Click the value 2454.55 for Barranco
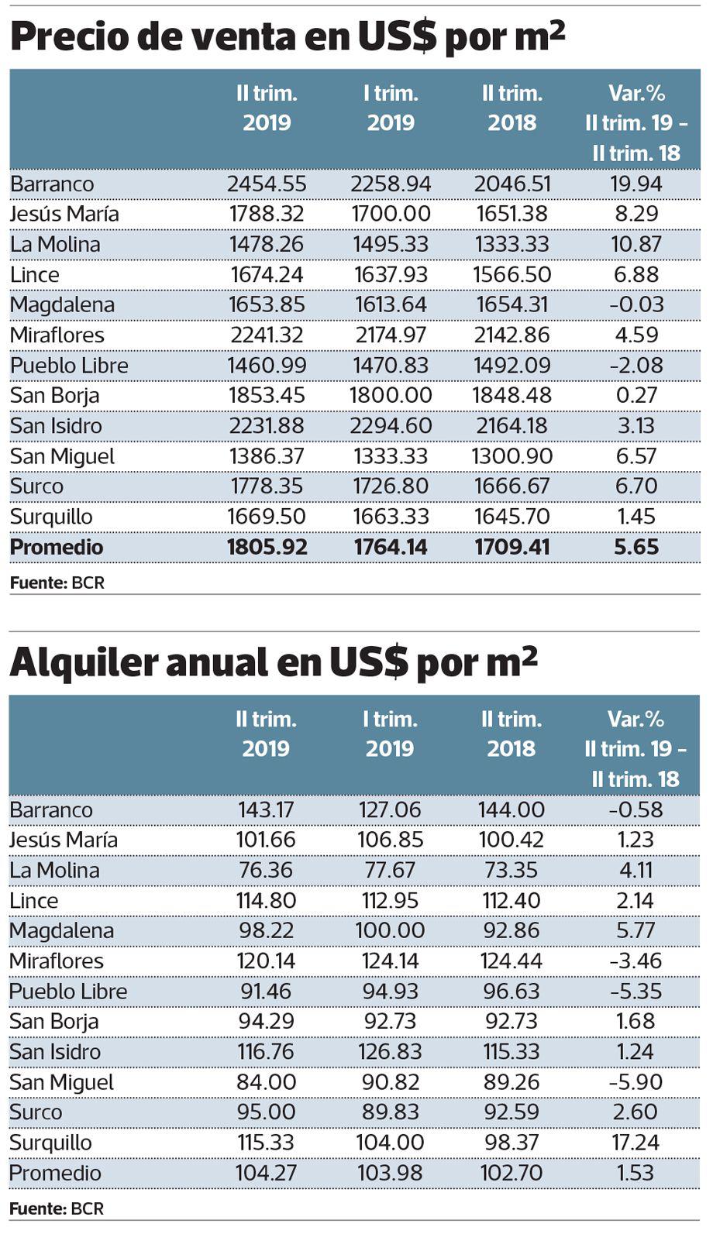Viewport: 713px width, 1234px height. click(267, 184)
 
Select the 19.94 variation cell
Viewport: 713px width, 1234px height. click(636, 184)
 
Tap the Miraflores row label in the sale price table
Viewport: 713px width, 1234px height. click(57, 335)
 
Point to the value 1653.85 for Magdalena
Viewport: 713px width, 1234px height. click(267, 305)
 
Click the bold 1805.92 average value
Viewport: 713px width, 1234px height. click(267, 547)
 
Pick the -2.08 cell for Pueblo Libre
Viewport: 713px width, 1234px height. click(636, 366)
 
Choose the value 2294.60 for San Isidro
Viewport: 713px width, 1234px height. click(391, 426)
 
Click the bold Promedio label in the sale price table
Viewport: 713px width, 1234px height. click(57, 547)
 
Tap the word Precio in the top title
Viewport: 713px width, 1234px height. click(64, 36)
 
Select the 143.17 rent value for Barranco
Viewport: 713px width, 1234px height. click(266, 810)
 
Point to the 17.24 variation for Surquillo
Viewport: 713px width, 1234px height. click(636, 1143)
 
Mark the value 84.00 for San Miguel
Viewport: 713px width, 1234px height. click(266, 1082)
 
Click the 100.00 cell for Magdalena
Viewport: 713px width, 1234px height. click(390, 931)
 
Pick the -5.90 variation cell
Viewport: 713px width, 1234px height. click(636, 1082)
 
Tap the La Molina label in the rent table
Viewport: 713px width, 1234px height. click(55, 871)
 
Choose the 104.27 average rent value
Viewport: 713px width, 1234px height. click(266, 1173)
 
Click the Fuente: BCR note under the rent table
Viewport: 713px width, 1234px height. click(57, 1208)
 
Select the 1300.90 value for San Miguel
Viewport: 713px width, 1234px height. click(511, 456)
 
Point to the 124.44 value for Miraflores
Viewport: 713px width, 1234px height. click(511, 961)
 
